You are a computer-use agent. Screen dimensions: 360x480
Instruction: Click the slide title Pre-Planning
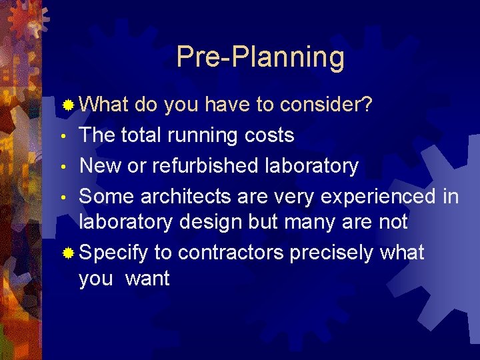[x=260, y=58]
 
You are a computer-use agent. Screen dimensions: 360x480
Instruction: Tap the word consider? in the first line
[x=326, y=105]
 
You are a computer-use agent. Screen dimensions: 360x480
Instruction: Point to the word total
[x=143, y=135]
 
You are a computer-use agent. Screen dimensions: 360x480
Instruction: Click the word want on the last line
[x=147, y=279]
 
